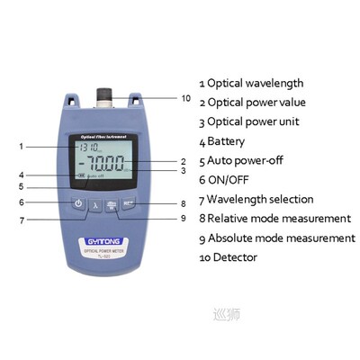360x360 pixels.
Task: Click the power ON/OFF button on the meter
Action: point(79,203)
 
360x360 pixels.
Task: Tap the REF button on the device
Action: point(128,203)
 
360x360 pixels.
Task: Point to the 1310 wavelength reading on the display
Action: point(87,147)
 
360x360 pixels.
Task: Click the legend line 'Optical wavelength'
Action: point(262,83)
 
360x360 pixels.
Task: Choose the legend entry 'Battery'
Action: point(236,141)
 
